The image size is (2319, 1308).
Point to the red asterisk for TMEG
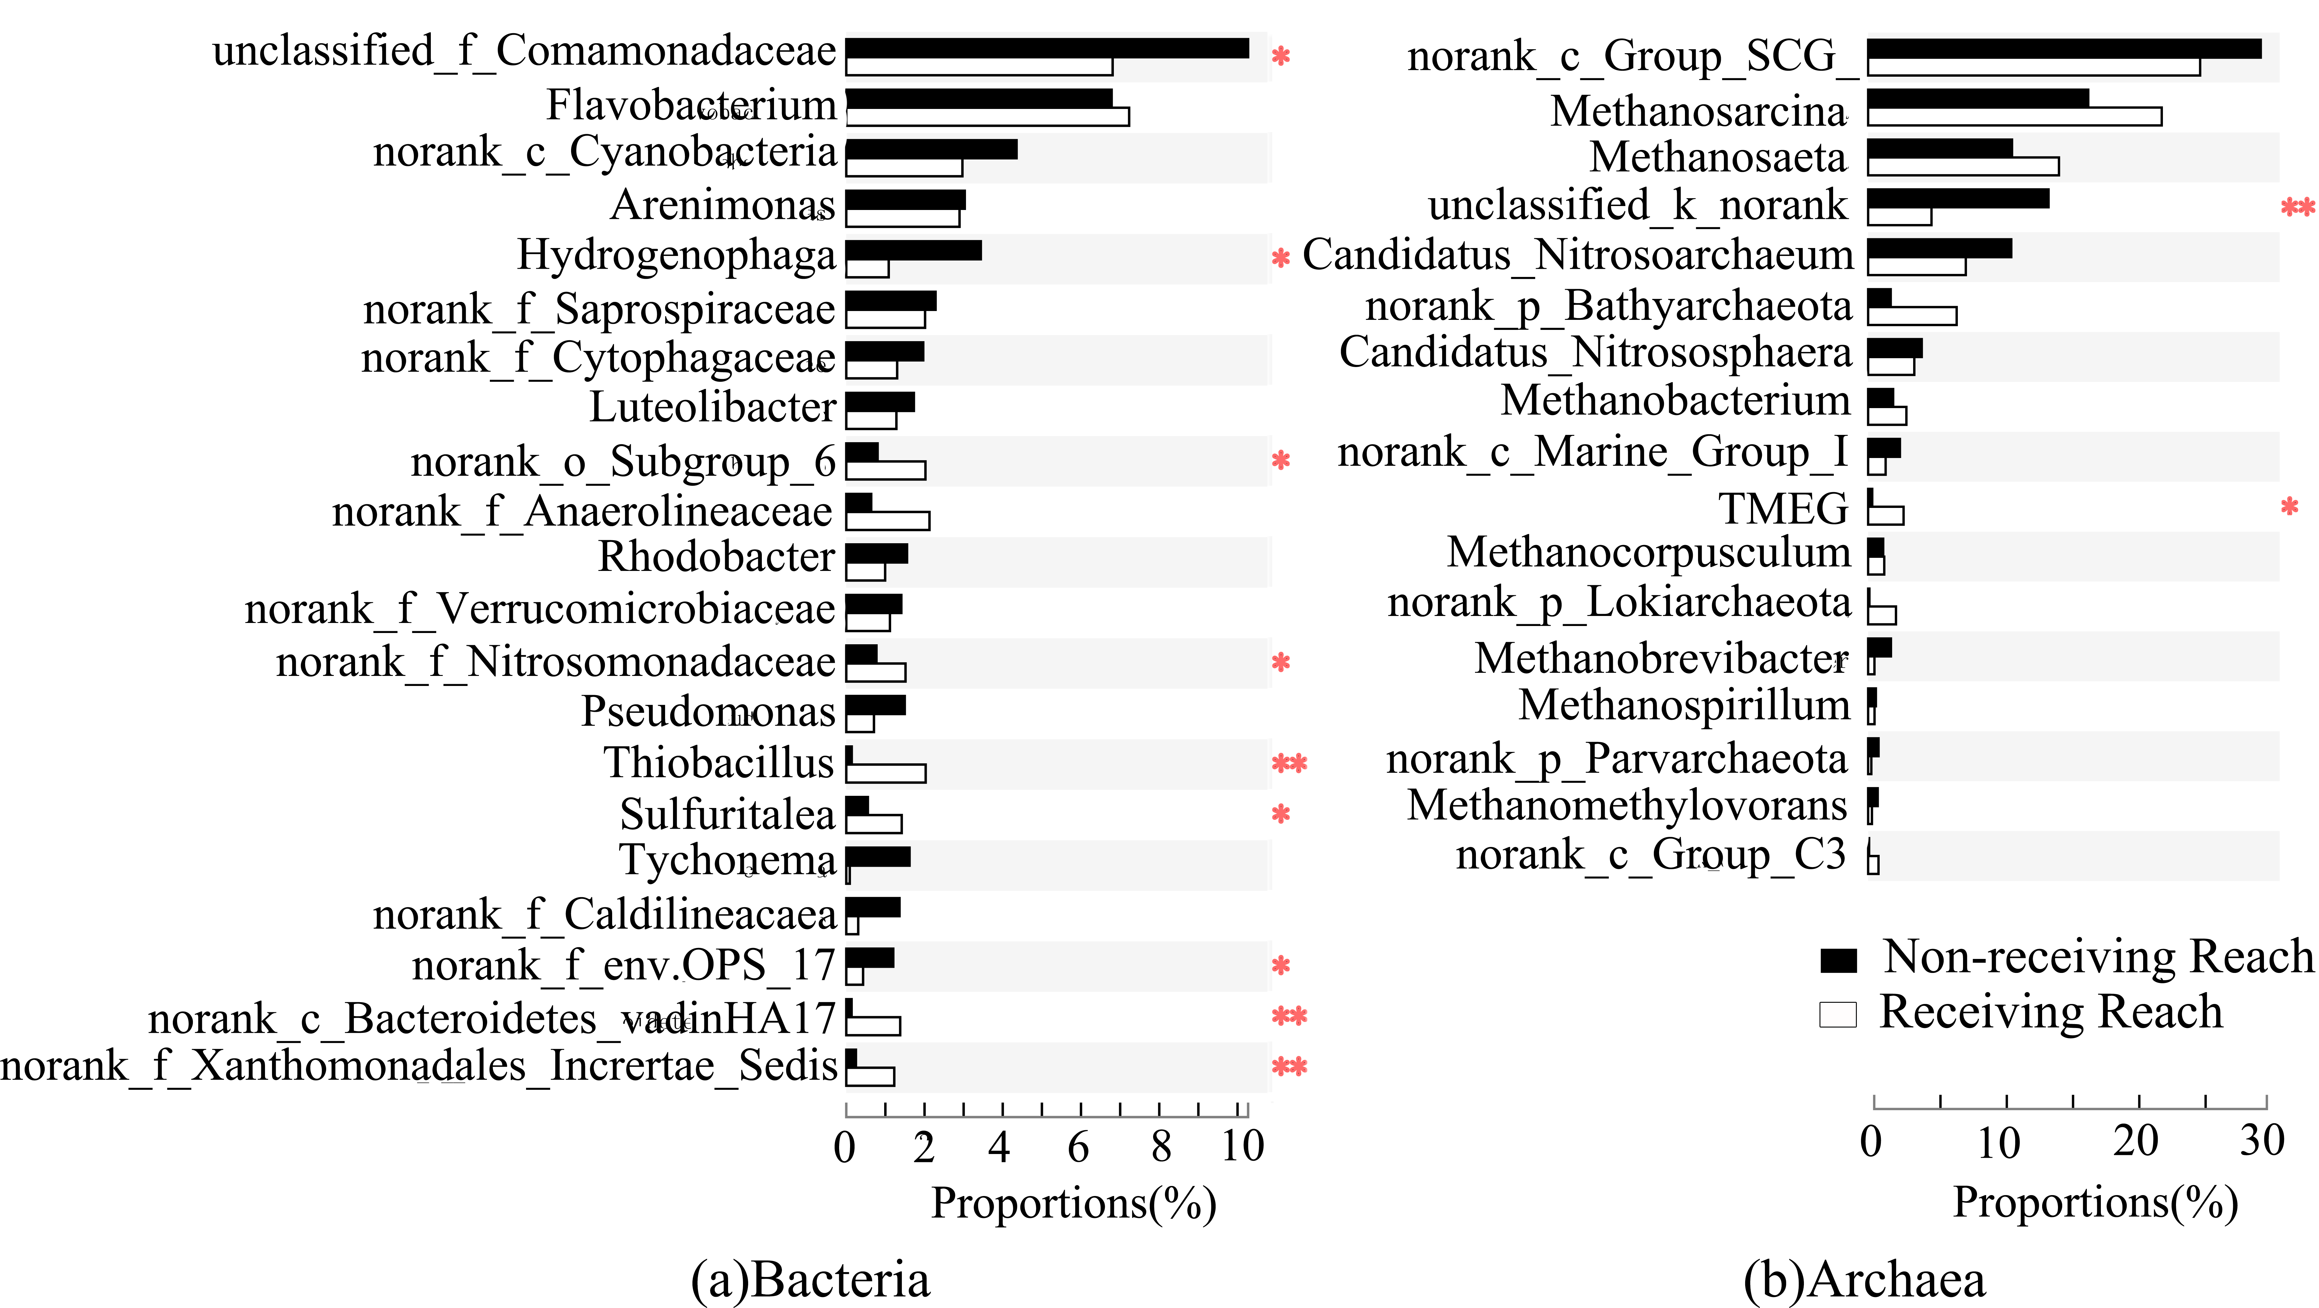(x=2289, y=507)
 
